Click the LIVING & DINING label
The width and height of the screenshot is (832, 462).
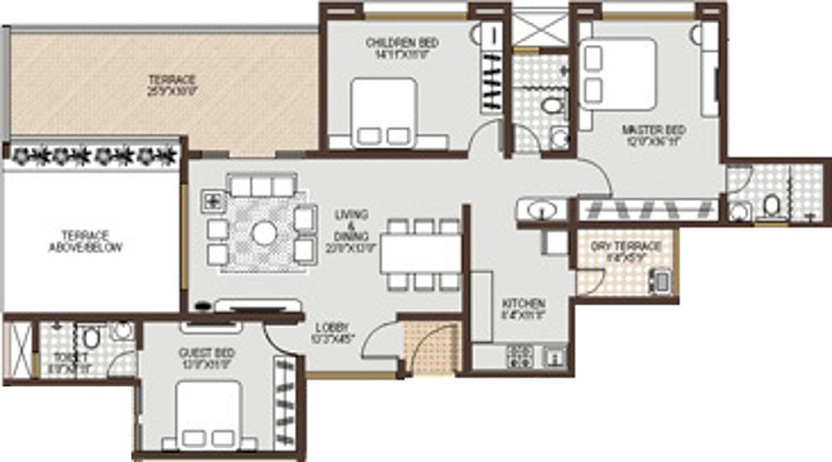(x=350, y=226)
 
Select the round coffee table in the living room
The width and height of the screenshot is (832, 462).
(x=264, y=233)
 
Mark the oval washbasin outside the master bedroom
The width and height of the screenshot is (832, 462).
(x=538, y=211)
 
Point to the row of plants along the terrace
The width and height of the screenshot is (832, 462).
(x=93, y=157)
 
